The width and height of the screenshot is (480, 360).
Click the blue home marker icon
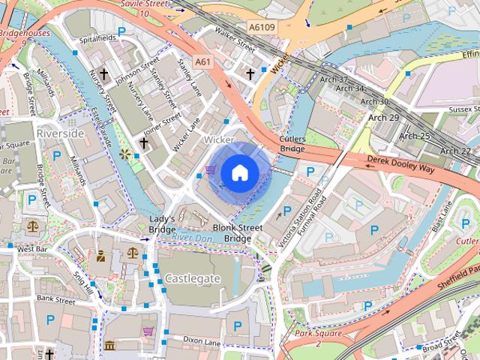click(x=239, y=172)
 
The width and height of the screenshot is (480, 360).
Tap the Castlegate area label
click(x=193, y=278)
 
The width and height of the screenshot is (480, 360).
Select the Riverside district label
click(x=60, y=133)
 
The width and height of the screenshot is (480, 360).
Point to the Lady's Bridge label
click(x=162, y=223)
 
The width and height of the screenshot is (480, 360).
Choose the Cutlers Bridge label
click(x=292, y=144)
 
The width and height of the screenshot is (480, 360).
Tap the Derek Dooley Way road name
click(x=400, y=164)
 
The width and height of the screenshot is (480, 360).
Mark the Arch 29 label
click(x=383, y=118)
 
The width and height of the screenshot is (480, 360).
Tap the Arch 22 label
click(x=455, y=151)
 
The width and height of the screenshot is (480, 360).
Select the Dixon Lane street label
click(x=200, y=342)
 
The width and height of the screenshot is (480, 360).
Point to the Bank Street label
click(x=55, y=299)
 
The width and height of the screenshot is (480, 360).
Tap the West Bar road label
click(x=31, y=248)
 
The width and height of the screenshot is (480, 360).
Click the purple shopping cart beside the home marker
click(x=211, y=171)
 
